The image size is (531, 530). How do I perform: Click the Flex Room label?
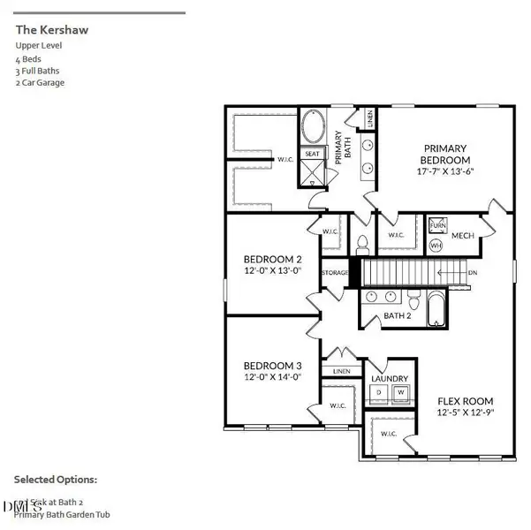point(466,405)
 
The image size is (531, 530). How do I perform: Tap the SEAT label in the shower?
point(312,154)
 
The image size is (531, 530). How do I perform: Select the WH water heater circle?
point(436,246)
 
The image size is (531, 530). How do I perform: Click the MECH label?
point(463,235)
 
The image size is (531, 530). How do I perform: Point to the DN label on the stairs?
point(473,273)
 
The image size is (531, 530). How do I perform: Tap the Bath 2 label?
point(398,314)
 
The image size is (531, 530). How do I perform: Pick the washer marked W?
point(400,390)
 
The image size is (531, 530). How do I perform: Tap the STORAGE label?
point(335,273)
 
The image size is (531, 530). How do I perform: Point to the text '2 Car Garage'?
point(40,83)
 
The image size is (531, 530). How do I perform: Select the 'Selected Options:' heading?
point(56,480)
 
